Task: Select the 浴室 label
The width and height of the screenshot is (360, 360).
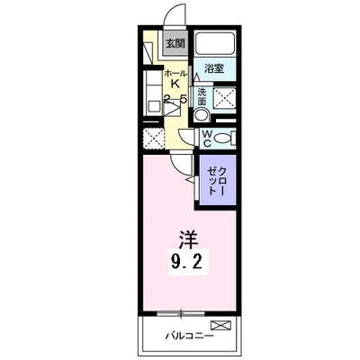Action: [213, 69]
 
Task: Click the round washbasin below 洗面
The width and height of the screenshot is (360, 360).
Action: [202, 114]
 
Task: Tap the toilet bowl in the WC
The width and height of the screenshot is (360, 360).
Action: [225, 138]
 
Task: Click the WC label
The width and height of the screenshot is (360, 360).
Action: [205, 138]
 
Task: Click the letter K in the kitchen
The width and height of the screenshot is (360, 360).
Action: [175, 85]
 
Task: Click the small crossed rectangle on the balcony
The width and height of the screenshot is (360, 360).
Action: [220, 324]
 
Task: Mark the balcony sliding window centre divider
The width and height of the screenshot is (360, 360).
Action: [184, 313]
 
